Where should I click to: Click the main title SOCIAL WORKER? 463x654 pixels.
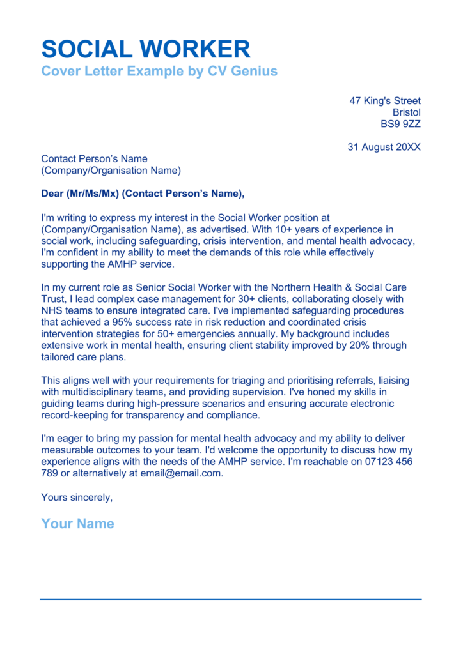click(146, 49)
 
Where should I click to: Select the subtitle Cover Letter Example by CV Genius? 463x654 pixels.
click(159, 71)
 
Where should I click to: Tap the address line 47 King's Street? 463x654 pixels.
click(385, 101)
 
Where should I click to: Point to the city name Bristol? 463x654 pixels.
click(407, 112)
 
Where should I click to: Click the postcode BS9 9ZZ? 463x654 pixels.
click(401, 124)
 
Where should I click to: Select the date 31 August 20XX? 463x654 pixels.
click(384, 147)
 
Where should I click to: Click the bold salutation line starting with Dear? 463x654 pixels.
click(143, 194)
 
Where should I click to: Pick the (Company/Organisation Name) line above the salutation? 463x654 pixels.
click(111, 171)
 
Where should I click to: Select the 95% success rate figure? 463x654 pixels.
click(123, 322)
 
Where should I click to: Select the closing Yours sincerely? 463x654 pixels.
click(77, 497)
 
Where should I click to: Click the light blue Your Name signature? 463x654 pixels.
click(77, 524)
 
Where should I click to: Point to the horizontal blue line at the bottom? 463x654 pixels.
click(231, 599)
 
